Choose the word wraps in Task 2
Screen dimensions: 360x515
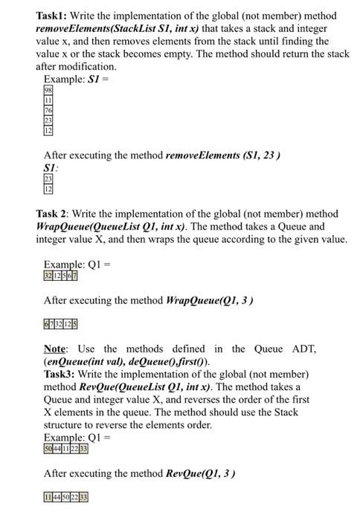tap(196, 239)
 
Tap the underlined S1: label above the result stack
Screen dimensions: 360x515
tap(51, 168)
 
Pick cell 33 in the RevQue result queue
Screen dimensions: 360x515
tap(83, 497)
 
